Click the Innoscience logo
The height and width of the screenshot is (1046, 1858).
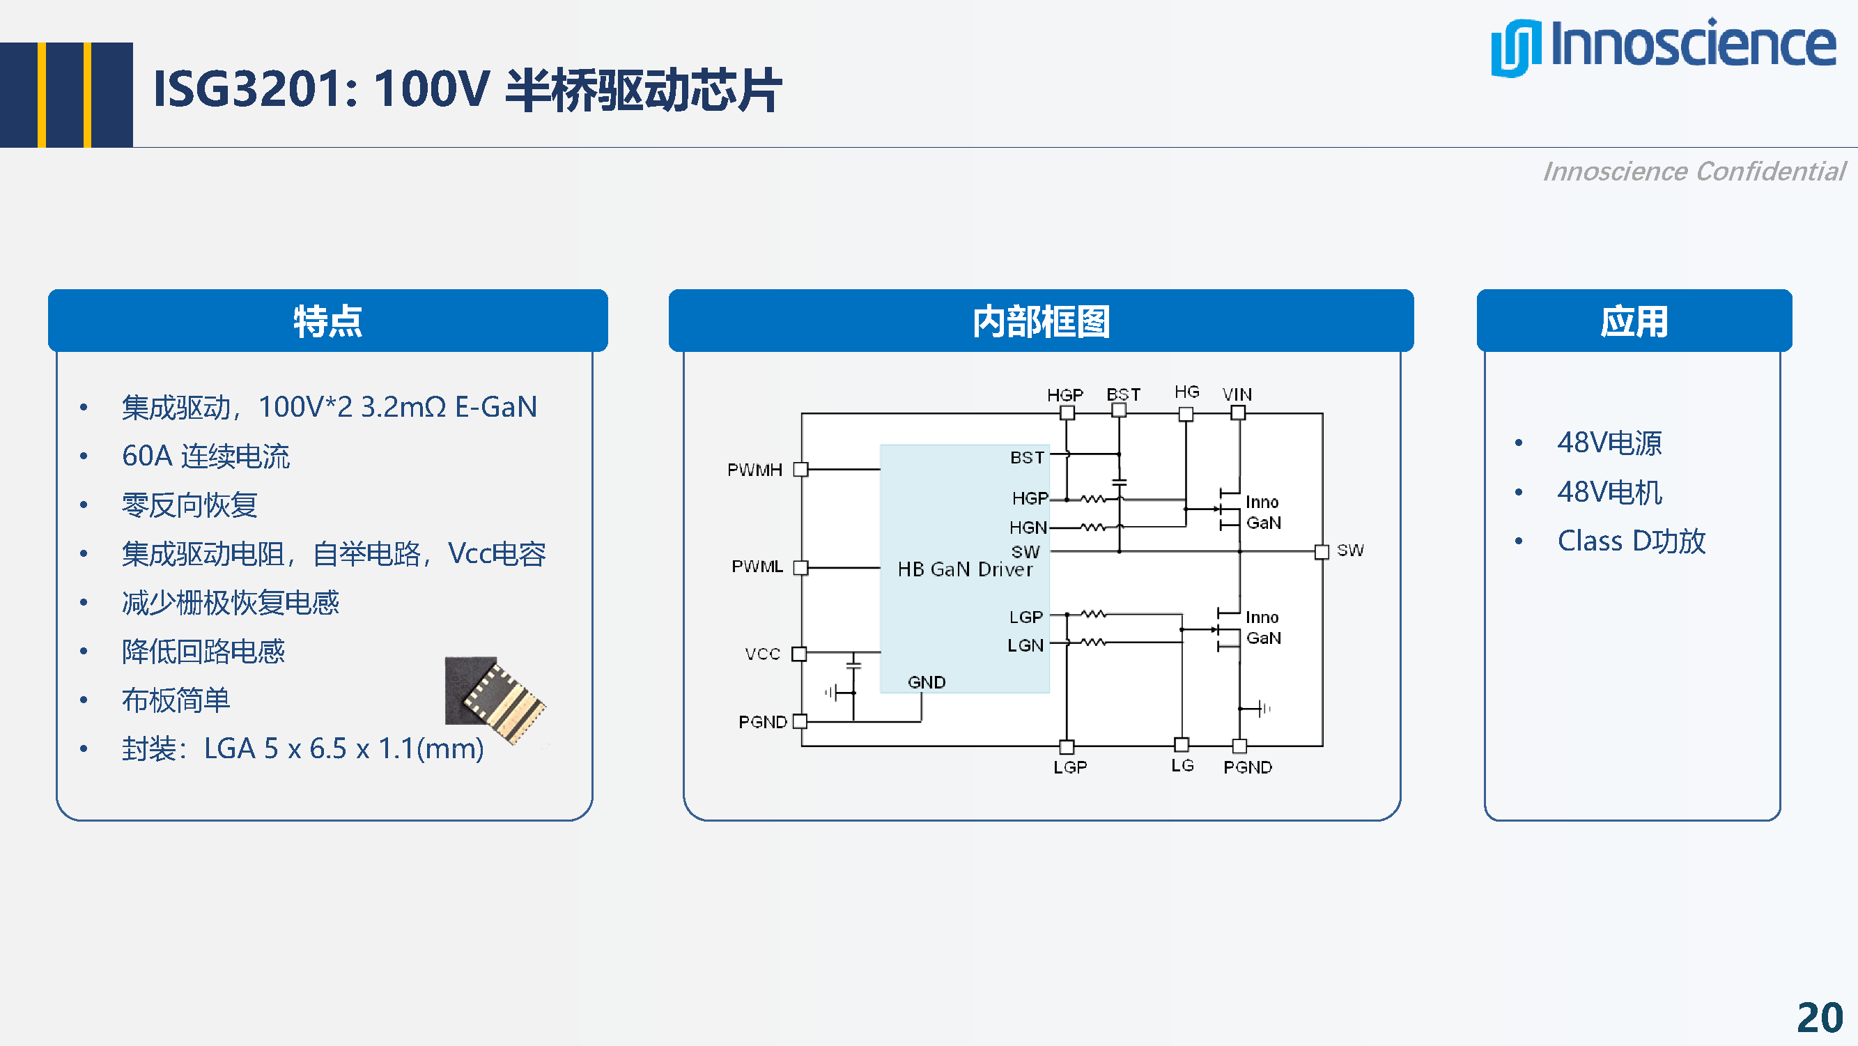[x=1662, y=47]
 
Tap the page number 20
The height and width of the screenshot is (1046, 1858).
[x=1819, y=1017]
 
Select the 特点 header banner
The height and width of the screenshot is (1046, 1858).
[x=327, y=321]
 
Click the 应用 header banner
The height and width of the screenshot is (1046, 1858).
[x=1634, y=321]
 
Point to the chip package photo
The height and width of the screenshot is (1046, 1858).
[x=495, y=698]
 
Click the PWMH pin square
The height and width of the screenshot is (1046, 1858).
[x=800, y=470]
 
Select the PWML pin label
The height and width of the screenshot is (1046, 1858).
[x=757, y=567]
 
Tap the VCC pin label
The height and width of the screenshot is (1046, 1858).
[x=762, y=654]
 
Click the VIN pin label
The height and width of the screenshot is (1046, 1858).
[x=1237, y=394]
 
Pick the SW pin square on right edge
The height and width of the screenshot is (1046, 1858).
[x=1322, y=552]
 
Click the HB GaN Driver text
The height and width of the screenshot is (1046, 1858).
[x=964, y=569]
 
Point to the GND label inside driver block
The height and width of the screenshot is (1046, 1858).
[x=926, y=682]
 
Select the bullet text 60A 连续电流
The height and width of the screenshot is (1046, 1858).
[x=206, y=456]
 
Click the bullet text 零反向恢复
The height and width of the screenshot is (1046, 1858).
[x=189, y=505]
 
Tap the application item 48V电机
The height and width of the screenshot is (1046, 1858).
[x=1609, y=492]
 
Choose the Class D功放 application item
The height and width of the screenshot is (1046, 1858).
[x=1631, y=541]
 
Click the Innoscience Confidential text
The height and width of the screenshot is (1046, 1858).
[x=1694, y=171]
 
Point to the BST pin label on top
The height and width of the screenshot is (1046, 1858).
[x=1123, y=394]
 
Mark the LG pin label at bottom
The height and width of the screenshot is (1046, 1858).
[x=1182, y=765]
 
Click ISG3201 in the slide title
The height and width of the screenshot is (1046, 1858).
[x=245, y=89]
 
